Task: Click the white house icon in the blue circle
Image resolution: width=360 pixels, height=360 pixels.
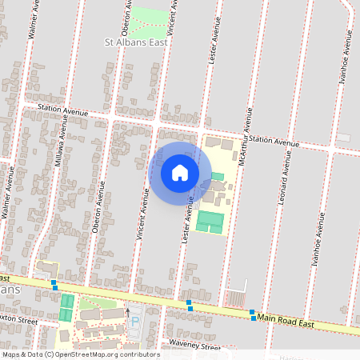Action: [180, 174]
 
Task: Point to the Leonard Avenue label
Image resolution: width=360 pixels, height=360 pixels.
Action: [285, 173]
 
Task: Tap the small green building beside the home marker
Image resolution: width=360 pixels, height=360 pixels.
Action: [217, 176]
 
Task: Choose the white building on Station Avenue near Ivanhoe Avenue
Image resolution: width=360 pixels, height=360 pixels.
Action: [342, 138]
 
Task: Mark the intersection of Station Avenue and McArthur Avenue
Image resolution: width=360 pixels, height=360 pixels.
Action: [242, 138]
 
